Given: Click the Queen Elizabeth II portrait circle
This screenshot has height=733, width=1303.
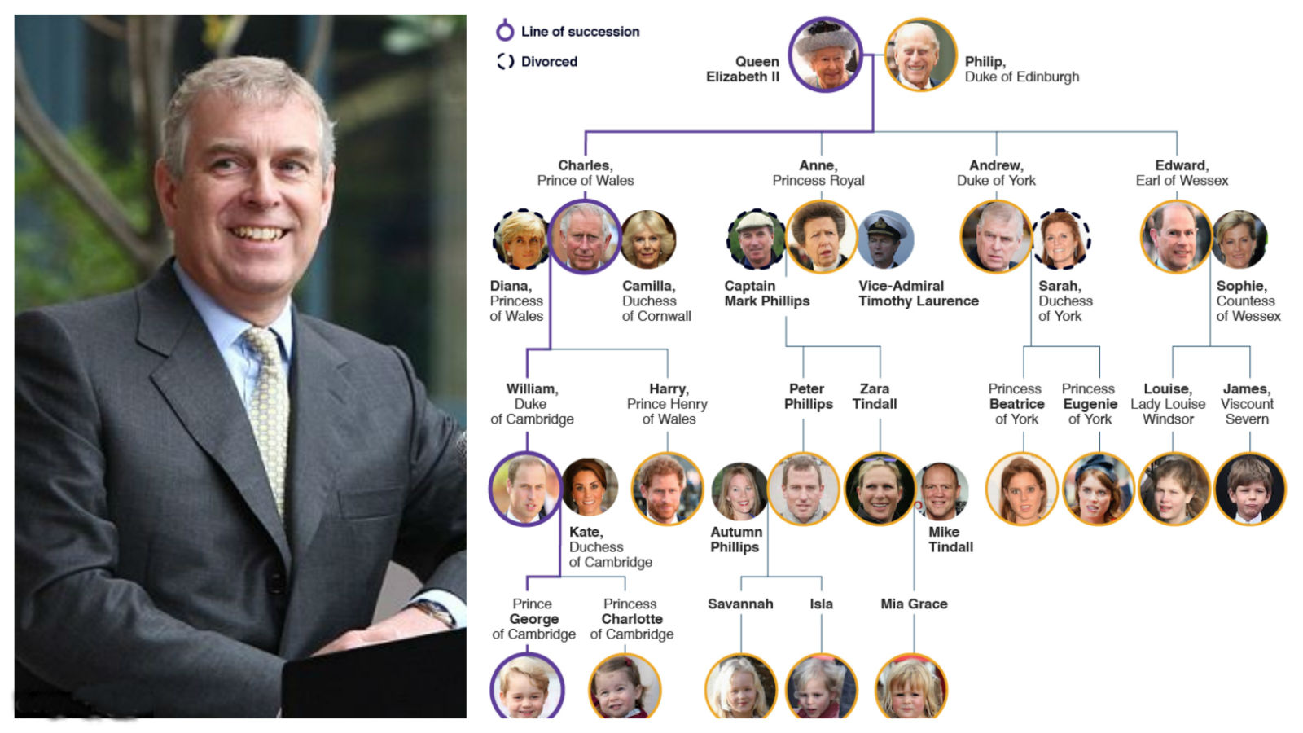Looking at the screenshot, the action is (825, 55).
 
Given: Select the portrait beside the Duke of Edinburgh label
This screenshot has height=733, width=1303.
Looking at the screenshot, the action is (920, 55).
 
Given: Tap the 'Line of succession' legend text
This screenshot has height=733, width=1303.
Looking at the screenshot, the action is (580, 32).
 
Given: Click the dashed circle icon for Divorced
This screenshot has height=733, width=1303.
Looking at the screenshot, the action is (505, 61).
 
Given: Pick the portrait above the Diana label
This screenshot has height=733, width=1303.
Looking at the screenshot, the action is (521, 239).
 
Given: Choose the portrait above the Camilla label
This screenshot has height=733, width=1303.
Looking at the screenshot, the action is (648, 239).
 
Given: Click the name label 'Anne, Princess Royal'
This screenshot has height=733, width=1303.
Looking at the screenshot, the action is (818, 173).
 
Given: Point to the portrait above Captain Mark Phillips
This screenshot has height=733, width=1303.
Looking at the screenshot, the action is (757, 239).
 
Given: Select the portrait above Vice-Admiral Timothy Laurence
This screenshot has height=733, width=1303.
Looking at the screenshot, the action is (885, 239).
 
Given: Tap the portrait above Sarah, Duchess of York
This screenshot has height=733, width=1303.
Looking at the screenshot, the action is (1061, 239).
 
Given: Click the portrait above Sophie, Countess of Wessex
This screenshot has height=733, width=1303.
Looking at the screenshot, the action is (1239, 239).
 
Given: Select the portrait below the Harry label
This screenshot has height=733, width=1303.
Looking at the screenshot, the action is (667, 489).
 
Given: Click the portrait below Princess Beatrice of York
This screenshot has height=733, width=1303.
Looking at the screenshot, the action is (1022, 489).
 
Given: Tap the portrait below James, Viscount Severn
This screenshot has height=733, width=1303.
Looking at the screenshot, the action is (1250, 489).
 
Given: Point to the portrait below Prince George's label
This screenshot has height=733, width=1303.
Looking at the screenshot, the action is (527, 687).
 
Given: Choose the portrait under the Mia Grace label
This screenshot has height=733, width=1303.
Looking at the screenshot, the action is (911, 687).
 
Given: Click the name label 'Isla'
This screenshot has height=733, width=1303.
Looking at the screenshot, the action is (822, 604).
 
